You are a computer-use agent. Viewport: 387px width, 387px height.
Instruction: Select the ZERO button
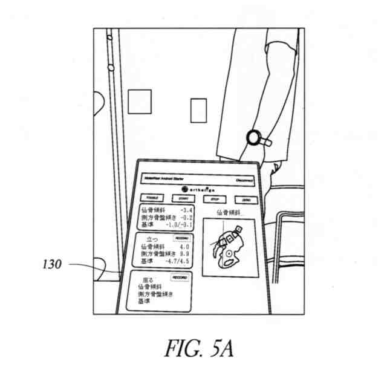click(x=246, y=199)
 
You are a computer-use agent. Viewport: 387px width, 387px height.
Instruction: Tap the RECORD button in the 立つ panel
click(x=181, y=238)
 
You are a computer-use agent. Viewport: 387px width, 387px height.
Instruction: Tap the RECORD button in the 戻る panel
click(x=179, y=277)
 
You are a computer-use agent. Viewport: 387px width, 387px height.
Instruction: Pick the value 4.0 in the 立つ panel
click(x=184, y=247)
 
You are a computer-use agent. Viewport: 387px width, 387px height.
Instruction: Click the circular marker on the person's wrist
click(x=252, y=137)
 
